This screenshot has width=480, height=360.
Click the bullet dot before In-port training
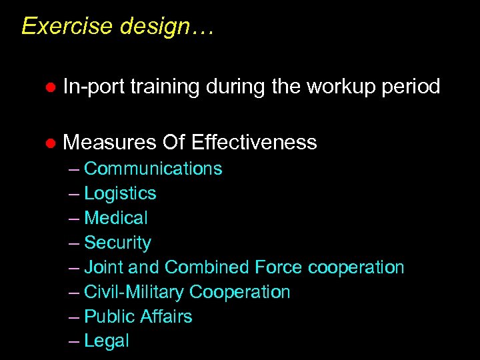click(48, 87)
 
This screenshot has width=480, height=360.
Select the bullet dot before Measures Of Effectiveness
click(48, 143)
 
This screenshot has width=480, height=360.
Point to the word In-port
click(93, 87)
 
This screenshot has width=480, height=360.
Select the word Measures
click(109, 142)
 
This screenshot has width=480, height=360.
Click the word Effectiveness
click(253, 142)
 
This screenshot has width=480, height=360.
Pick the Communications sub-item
click(153, 169)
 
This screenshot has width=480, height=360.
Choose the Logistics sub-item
click(120, 193)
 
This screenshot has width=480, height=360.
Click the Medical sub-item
click(116, 218)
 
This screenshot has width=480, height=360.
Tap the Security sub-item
click(117, 243)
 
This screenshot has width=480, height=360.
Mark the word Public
click(105, 317)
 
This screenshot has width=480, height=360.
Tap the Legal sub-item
click(107, 341)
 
